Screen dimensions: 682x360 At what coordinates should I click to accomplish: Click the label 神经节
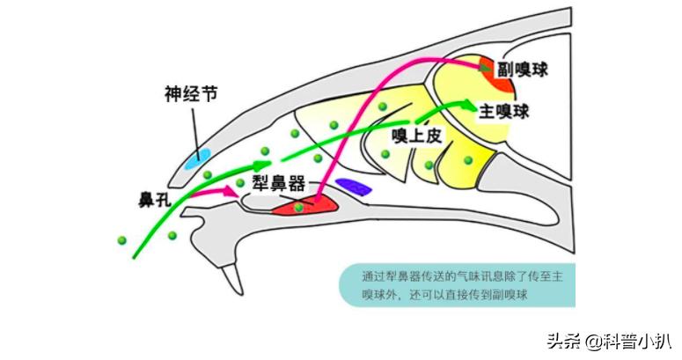click(x=191, y=94)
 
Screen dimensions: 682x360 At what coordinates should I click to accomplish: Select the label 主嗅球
click(x=503, y=113)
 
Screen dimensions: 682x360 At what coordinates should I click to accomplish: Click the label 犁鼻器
click(x=278, y=182)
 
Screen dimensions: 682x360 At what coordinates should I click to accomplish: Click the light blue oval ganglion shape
click(x=197, y=158)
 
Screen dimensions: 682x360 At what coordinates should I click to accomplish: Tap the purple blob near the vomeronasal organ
click(x=357, y=187)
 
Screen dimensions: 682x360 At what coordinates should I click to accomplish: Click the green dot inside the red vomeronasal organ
click(x=299, y=208)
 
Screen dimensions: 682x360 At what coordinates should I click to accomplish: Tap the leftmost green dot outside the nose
click(x=121, y=239)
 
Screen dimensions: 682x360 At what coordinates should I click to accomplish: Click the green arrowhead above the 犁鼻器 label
click(x=261, y=164)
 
